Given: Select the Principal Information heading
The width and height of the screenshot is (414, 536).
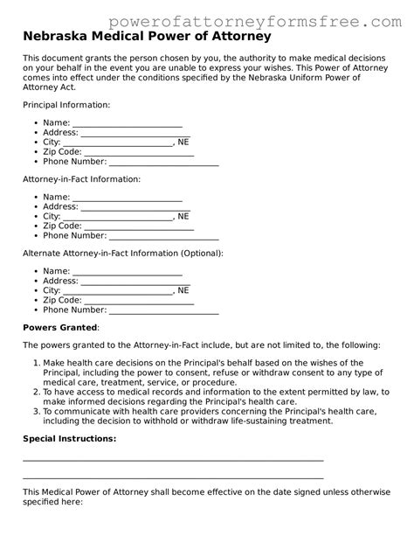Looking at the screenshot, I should click(66, 104).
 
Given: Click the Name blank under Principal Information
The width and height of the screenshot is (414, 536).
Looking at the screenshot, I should click(127, 123).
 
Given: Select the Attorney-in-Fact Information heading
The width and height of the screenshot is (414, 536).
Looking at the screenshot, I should click(81, 178).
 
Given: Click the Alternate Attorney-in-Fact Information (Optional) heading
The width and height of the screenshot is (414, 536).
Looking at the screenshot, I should click(122, 253).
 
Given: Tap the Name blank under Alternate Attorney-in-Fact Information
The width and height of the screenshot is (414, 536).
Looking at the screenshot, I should click(127, 271).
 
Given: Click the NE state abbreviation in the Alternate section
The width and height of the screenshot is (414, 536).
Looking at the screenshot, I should click(183, 290).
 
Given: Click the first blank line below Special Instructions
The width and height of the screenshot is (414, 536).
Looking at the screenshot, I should click(173, 459).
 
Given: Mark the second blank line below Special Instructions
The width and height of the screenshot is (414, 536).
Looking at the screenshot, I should click(173, 478).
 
